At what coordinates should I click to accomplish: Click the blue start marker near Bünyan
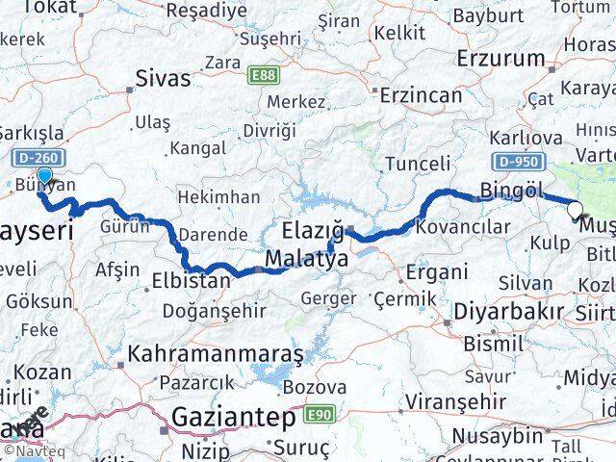[x=43, y=176]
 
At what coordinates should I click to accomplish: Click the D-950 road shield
[x=518, y=164]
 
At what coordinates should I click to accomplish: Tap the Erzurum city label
[x=500, y=59]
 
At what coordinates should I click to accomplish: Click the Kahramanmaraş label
[x=216, y=354]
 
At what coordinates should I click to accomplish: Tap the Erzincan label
[x=422, y=95]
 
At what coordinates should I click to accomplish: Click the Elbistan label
[x=191, y=281]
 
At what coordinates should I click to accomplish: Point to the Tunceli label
[x=417, y=164]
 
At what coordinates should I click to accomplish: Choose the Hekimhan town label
[x=220, y=196]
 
